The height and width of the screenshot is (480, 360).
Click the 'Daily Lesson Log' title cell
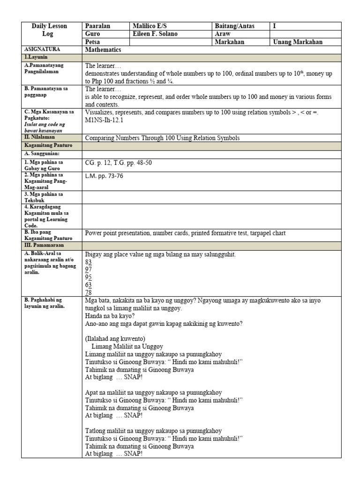(x=49, y=30)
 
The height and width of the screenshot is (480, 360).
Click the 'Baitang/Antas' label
(x=235, y=26)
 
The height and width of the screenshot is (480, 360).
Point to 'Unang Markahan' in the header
(x=298, y=42)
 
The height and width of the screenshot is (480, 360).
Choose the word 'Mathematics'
(x=103, y=50)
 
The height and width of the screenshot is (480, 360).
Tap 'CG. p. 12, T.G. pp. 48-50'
(x=118, y=163)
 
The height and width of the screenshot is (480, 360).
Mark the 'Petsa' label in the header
(x=92, y=42)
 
